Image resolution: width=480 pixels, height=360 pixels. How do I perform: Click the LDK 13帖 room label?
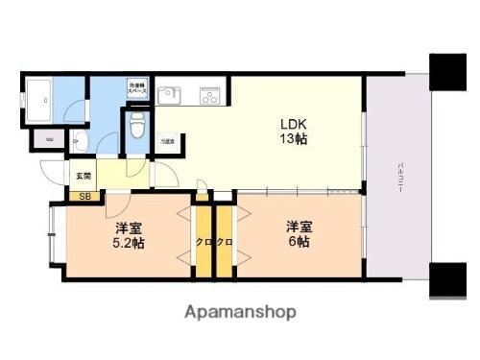pyautogui.click(x=293, y=132)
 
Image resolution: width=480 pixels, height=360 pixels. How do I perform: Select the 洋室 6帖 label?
pyautogui.click(x=297, y=234)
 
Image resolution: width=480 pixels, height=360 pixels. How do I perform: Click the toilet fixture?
pyautogui.click(x=136, y=124)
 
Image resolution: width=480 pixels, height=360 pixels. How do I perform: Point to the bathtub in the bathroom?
pyautogui.click(x=39, y=99)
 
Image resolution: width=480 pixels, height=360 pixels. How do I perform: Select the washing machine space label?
pyautogui.click(x=137, y=88)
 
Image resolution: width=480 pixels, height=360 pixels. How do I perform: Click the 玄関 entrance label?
pyautogui.click(x=83, y=176)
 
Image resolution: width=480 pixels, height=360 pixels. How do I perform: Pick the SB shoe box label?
pyautogui.click(x=84, y=198)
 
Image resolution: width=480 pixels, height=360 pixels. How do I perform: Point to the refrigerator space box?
pyautogui.click(x=168, y=141)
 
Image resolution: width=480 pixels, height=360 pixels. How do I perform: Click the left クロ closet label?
pyautogui.click(x=203, y=242)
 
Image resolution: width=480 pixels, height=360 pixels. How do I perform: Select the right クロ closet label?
pyautogui.click(x=225, y=242)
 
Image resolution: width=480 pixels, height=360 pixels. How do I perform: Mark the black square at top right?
pyautogui.click(x=448, y=70)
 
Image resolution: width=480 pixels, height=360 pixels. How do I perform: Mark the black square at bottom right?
pyautogui.click(x=448, y=280)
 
